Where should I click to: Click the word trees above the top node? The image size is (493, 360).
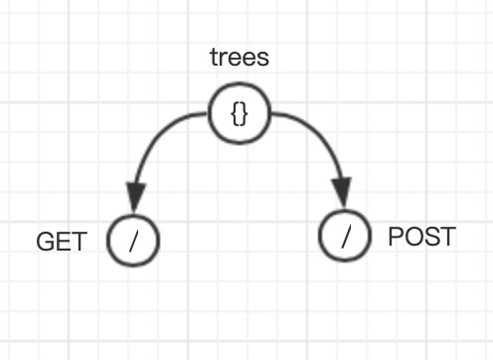click(x=240, y=57)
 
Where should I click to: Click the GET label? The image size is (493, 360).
click(x=62, y=242)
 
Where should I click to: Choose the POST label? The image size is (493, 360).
click(x=421, y=237)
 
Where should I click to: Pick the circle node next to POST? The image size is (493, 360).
click(x=346, y=237)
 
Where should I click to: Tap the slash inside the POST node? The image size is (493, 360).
click(x=346, y=237)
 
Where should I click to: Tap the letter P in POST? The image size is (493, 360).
click(x=395, y=237)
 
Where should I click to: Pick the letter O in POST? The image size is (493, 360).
click(x=411, y=237)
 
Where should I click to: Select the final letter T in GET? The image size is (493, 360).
click(x=79, y=242)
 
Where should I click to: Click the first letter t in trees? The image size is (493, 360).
click(x=214, y=57)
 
